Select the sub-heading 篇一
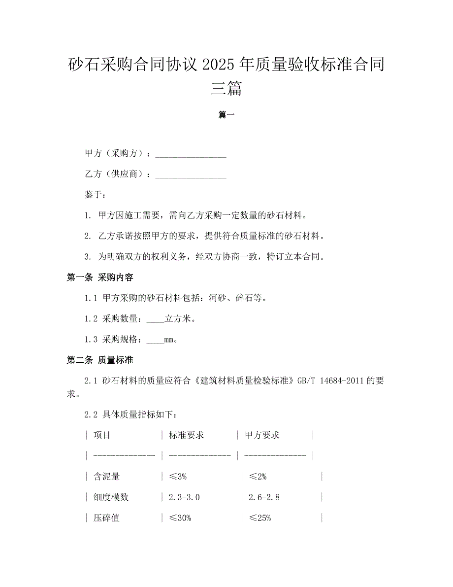(x=226, y=115)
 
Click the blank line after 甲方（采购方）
(x=191, y=154)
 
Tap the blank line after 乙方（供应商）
(x=191, y=174)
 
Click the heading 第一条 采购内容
(x=100, y=277)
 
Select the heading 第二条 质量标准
(x=100, y=360)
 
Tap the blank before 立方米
(x=156, y=319)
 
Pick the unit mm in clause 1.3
(x=169, y=340)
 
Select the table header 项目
(x=102, y=435)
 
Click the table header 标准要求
(x=186, y=435)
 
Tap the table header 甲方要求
(x=262, y=435)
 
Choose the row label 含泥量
(x=106, y=477)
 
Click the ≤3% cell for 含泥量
(x=177, y=477)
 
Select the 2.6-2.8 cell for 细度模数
(x=264, y=497)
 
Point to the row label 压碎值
(x=106, y=518)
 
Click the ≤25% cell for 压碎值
(x=260, y=518)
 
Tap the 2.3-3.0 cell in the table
(x=184, y=497)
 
